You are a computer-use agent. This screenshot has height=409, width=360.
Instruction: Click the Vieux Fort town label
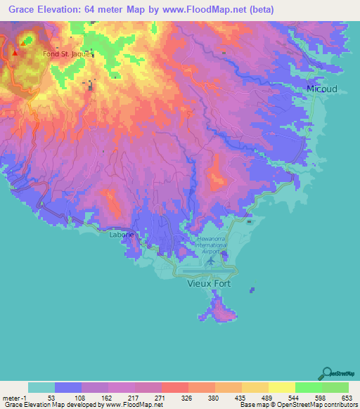point(209,285)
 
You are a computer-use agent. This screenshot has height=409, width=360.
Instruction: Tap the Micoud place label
point(321,89)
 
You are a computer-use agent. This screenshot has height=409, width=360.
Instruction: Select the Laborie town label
point(120,235)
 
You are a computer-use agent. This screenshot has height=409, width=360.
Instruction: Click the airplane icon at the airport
point(211,261)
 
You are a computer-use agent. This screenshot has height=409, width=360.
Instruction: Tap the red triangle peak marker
point(15,52)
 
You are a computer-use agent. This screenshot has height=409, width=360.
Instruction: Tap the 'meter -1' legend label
point(12,397)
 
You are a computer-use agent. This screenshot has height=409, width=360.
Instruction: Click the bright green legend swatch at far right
point(335,387)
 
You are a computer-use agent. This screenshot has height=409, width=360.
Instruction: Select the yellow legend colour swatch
point(281,387)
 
